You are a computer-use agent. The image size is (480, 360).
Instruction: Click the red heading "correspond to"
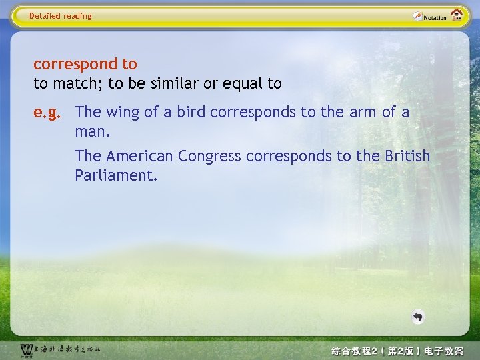coord(85,65)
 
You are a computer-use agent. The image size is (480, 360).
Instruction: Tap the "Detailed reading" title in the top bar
coord(61,16)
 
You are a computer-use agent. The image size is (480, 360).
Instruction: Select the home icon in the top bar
coord(457,15)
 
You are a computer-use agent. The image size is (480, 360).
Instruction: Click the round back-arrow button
coord(418,317)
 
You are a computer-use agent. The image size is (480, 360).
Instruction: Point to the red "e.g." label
coord(47,113)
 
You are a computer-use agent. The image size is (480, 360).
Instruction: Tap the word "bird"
coord(191,113)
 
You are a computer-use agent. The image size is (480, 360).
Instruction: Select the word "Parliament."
coord(116,175)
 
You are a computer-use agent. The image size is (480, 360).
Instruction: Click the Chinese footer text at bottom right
coord(398,350)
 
